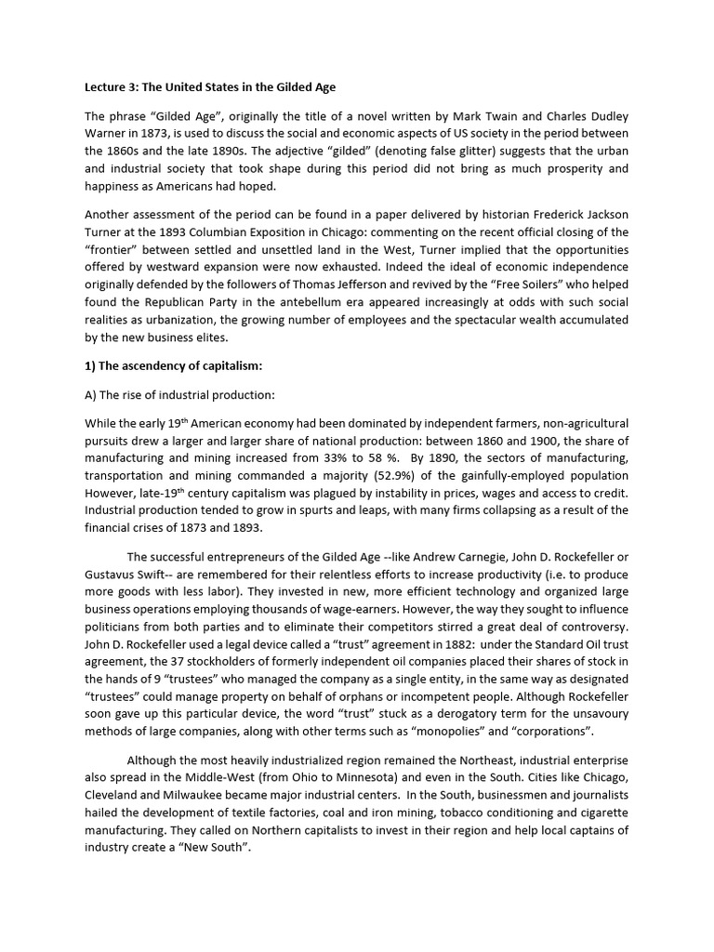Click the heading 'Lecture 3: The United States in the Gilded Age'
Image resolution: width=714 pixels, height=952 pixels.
tap(210, 87)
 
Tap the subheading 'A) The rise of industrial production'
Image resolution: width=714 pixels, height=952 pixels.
tap(180, 394)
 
